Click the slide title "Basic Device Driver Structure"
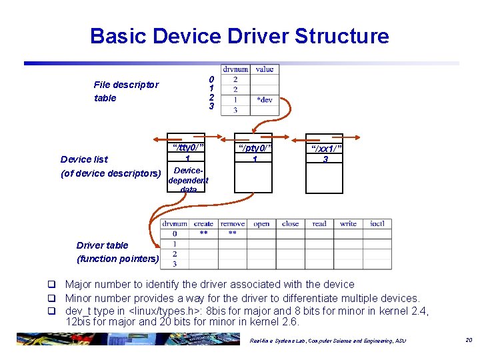pos(239,35)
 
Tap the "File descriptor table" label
pos(126,91)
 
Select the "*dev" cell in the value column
pos(264,99)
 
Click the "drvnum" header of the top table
pos(235,69)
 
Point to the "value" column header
pos(264,69)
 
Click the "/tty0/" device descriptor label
pos(187,147)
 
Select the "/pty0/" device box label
pos(253,147)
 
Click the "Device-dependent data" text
pos(188,180)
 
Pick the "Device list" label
pos(84,159)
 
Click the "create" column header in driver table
pos(203,224)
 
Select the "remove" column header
pos(232,224)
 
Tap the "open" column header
pos(261,224)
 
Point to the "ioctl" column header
pos(377,224)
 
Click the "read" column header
pos(319,224)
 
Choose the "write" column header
pos(348,224)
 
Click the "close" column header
pos(291,224)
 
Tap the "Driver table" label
pos(102,245)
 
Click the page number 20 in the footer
pos(468,340)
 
